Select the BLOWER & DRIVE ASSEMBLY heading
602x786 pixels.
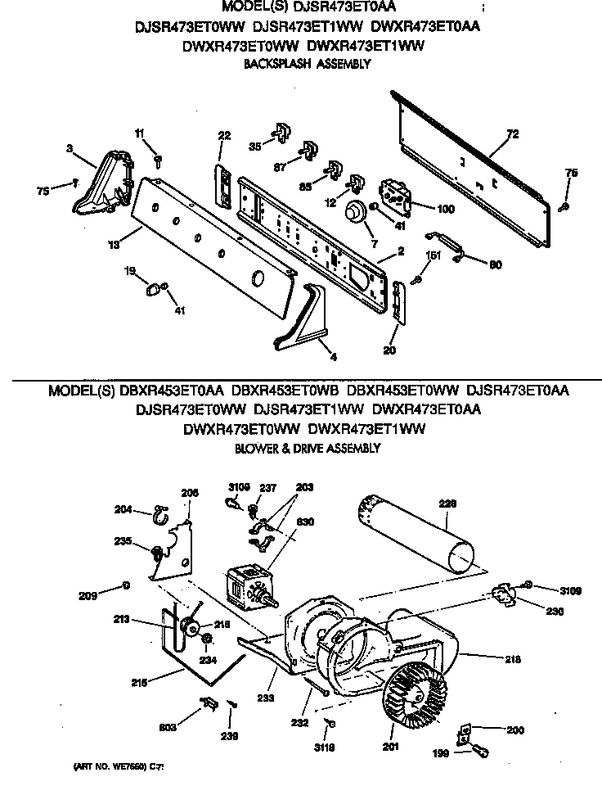(307, 448)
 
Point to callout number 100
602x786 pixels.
(446, 209)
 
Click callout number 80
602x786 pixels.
(495, 264)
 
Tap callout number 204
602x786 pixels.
(123, 509)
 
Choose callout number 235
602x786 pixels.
(123, 540)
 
